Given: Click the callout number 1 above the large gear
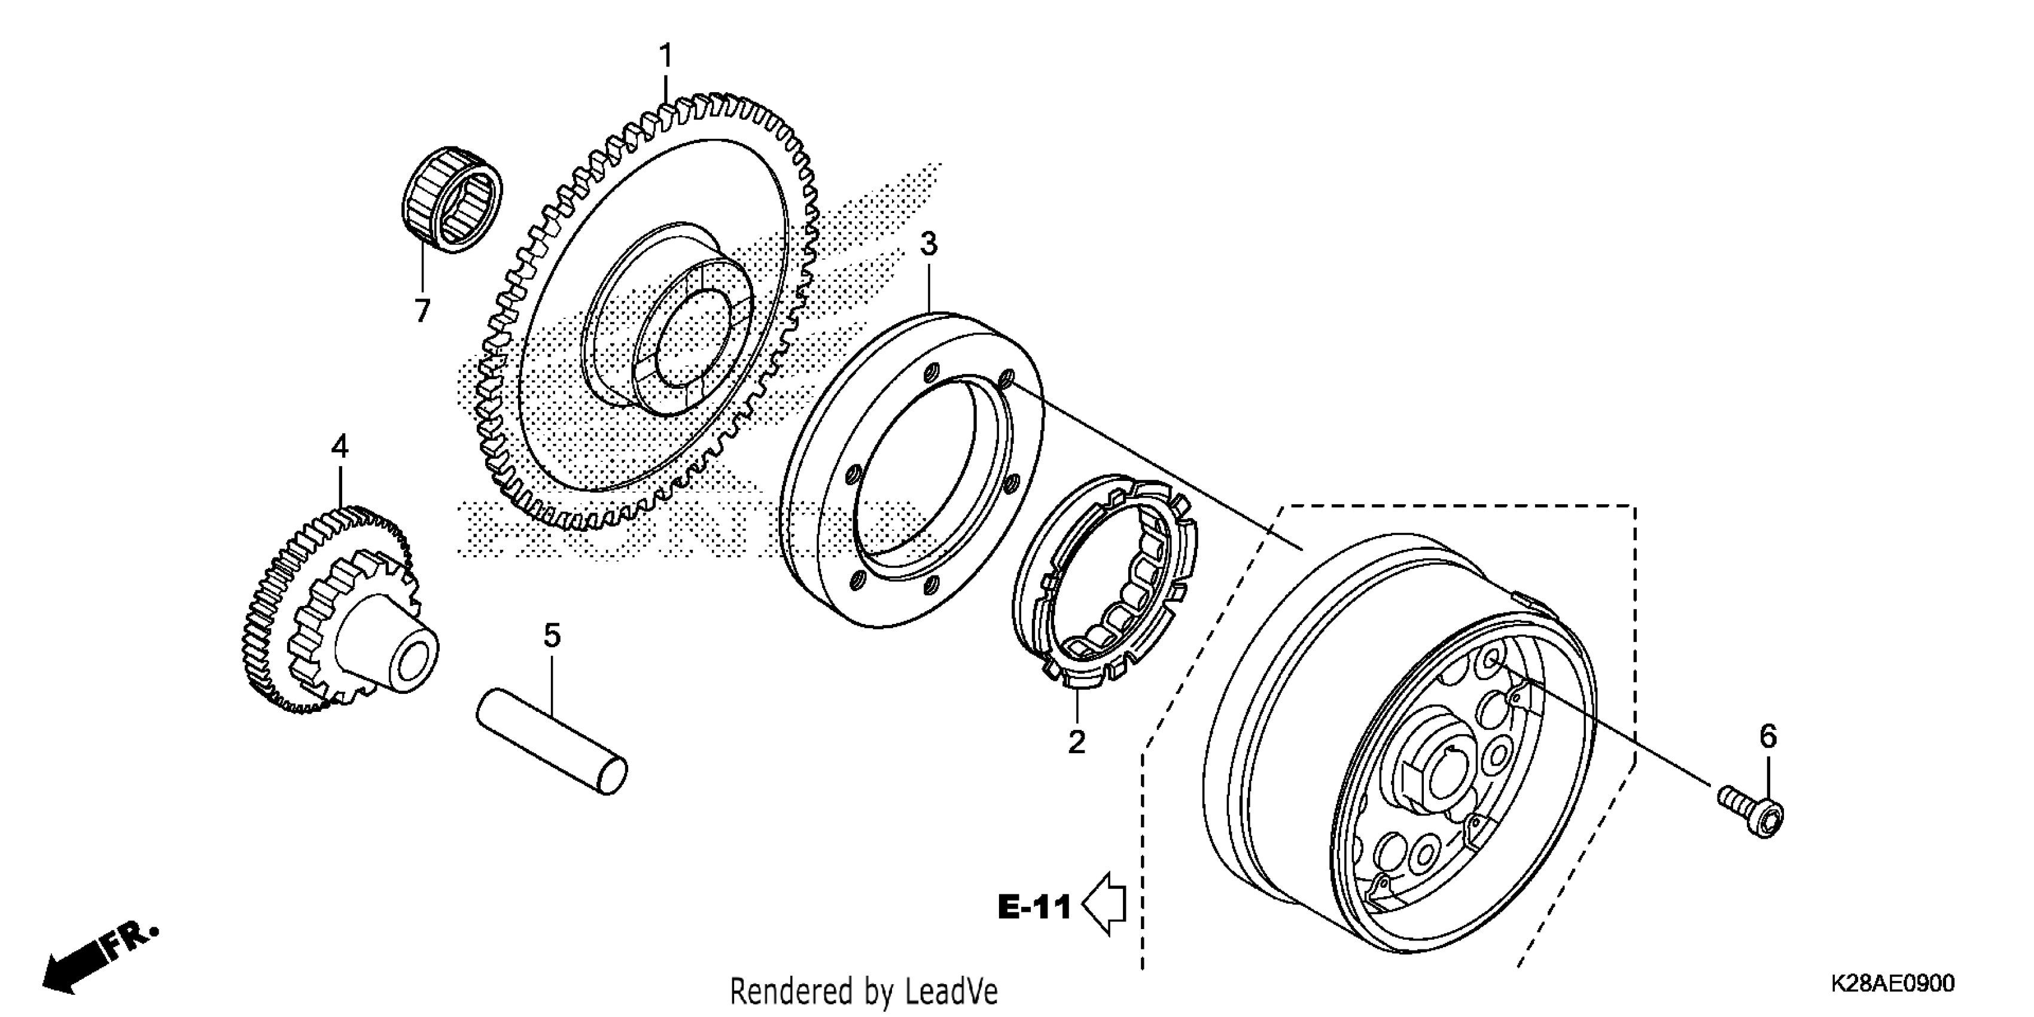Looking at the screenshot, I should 666,57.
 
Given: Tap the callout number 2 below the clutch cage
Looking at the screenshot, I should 1076,742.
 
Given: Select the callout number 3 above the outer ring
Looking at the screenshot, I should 928,245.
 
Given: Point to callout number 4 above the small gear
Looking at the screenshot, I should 340,447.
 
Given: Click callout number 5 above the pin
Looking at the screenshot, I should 552,635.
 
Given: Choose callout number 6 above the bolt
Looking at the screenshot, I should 1768,736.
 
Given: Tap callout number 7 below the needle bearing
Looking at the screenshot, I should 422,311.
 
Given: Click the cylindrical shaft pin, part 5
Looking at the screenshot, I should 551,741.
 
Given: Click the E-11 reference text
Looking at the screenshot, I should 1034,908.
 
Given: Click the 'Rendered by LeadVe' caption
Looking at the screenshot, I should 864,991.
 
